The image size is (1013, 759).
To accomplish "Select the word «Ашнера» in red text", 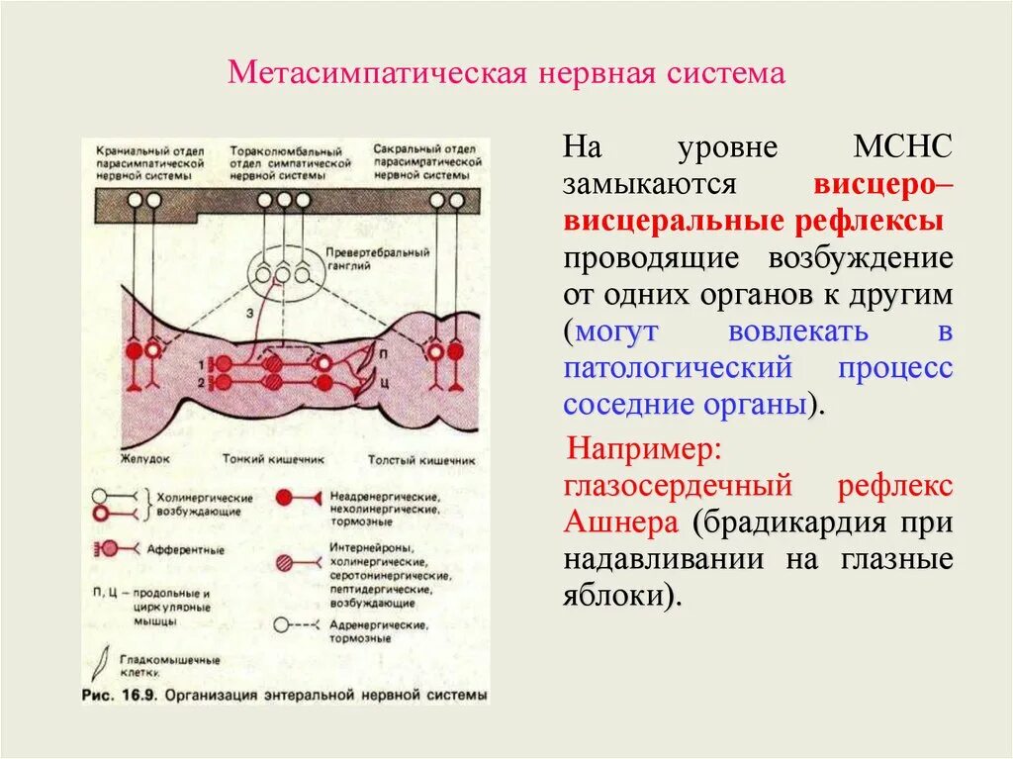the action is [620, 522].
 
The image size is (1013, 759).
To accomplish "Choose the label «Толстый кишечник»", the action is [420, 460].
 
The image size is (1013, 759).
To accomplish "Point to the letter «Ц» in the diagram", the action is [383, 379].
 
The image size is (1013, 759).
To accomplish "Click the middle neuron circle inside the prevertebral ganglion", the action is [284, 273].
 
